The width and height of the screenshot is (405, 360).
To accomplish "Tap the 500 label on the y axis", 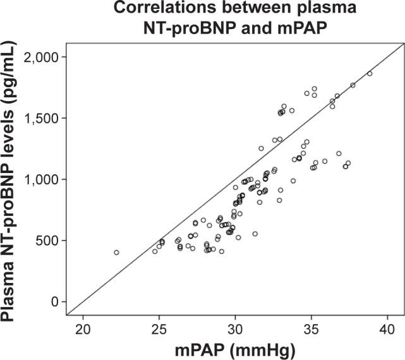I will (48, 241).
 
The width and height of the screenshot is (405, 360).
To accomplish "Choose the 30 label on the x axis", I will (235, 328).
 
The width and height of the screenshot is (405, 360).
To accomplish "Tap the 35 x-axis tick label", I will (311, 328).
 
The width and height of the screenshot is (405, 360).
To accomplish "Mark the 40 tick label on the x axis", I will (387, 328).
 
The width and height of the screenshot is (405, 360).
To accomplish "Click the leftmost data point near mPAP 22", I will (116, 253).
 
